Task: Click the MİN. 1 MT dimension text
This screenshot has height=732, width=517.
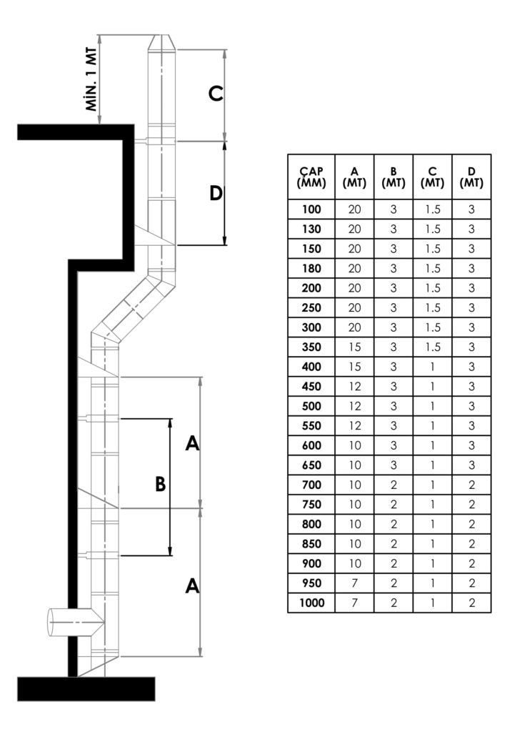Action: point(92,79)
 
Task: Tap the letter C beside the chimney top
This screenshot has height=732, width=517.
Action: point(216,94)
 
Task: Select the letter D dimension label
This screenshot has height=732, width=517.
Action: point(216,192)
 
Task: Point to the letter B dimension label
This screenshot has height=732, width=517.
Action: point(161,484)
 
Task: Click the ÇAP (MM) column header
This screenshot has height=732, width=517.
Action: point(311,177)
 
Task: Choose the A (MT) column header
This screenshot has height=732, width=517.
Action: point(354,177)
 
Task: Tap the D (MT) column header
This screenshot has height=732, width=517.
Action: point(471,177)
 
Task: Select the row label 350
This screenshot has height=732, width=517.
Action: point(311,347)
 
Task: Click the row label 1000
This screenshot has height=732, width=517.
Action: point(311,603)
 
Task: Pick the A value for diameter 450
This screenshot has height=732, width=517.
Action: point(355,387)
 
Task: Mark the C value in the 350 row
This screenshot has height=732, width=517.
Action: point(433,347)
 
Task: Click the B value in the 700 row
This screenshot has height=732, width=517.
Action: point(393,485)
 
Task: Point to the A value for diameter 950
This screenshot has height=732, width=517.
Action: point(355,583)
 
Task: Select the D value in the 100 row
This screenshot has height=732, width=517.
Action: point(471,209)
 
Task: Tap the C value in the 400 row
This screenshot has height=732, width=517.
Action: point(433,367)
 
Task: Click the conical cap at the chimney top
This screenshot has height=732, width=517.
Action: point(162,42)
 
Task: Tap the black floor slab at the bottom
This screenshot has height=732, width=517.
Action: point(86,688)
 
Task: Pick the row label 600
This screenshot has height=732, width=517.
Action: point(311,446)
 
